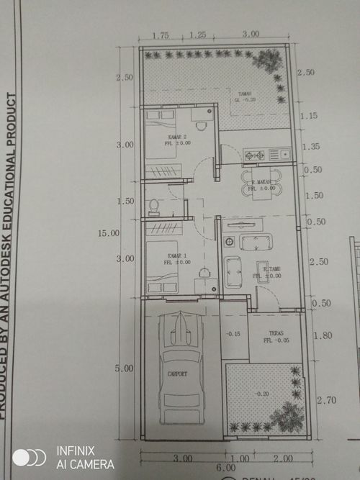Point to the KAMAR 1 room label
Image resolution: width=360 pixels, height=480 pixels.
coord(177,256)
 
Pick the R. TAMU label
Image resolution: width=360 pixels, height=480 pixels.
coord(271,269)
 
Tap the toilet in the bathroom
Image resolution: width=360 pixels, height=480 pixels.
coord(153,207)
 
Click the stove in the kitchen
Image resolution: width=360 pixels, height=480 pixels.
coord(255,154)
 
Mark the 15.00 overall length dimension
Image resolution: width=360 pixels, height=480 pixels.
coord(109,232)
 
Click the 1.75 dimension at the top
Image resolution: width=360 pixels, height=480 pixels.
coord(161,35)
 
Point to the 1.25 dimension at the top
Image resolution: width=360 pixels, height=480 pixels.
coord(197,35)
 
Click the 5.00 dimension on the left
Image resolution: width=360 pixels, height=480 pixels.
coord(125,368)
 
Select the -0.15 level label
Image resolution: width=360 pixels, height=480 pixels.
coord(233,334)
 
